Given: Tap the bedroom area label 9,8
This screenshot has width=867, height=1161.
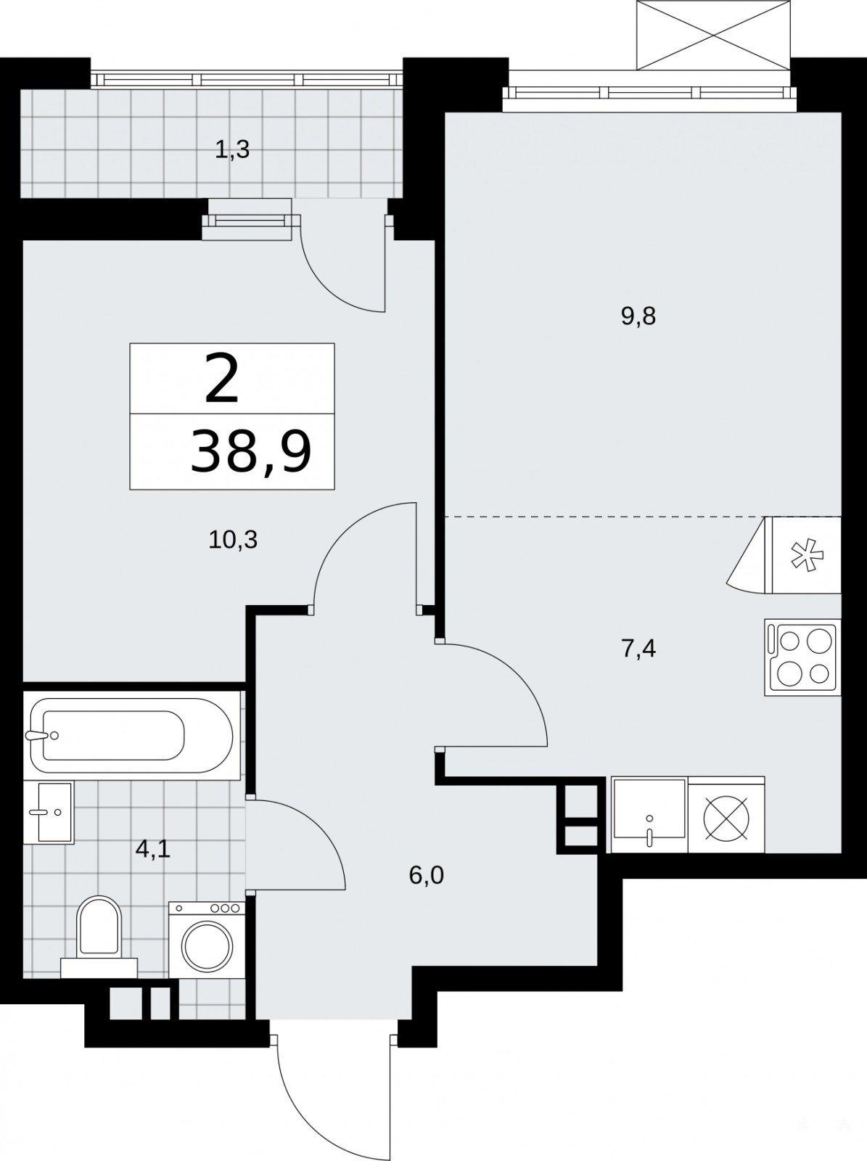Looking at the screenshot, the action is [638, 317].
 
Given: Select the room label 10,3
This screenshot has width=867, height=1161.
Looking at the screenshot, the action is [233, 540].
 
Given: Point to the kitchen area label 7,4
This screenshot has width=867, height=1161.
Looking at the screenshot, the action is [638, 649].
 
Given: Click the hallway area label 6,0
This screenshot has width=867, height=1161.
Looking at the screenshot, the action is [426, 876].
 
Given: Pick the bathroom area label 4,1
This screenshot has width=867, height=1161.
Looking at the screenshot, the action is [153, 850].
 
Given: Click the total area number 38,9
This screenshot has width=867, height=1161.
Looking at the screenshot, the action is [250, 452].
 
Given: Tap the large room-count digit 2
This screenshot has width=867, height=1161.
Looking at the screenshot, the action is [221, 379].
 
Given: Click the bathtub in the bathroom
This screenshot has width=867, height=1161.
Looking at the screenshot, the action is [131, 736].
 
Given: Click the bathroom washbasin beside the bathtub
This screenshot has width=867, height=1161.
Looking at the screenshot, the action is [49, 813].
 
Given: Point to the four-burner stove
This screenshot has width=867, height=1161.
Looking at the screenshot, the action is [802, 657].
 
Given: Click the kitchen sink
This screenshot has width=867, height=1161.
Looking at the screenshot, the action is [650, 815].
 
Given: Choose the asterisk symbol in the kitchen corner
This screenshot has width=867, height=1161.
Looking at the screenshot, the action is [807, 555].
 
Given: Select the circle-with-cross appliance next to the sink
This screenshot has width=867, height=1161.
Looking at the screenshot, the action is [726, 815].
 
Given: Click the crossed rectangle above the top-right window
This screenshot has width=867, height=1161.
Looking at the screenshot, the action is [714, 35].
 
